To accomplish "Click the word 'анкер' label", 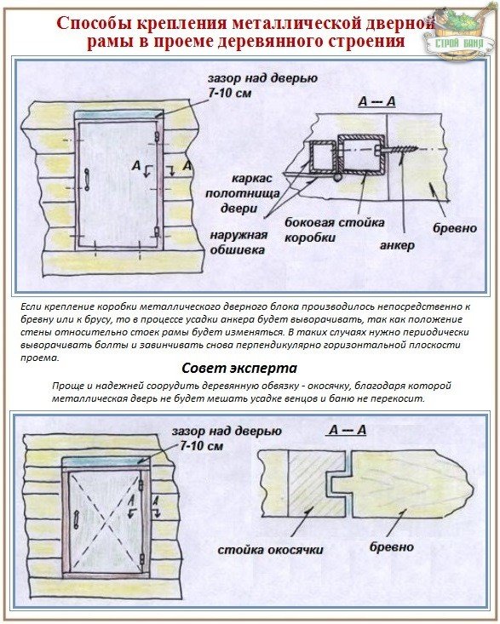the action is point(397,245).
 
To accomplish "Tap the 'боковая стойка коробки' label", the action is point(335,230).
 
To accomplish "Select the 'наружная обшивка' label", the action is point(238,243).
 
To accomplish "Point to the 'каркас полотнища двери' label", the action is point(242,193).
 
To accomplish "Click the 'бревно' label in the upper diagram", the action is point(455,228).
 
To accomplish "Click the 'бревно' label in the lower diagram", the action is point(392,547).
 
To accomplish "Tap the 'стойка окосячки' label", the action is point(270,550).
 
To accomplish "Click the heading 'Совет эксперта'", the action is point(239,368).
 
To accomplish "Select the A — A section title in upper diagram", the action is point(376,101).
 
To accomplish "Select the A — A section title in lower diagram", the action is point(348,430).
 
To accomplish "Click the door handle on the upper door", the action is point(86,179).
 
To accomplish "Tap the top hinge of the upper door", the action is point(158,136).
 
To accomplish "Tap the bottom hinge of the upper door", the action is point(158,232).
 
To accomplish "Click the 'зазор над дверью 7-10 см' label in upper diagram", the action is point(262,85).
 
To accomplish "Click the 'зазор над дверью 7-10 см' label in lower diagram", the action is point(227,438).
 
